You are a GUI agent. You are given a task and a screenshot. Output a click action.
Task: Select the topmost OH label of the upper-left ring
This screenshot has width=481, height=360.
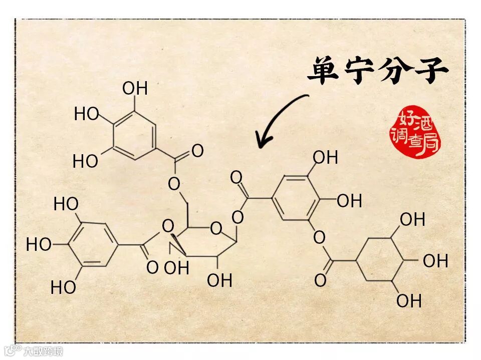point(135,89)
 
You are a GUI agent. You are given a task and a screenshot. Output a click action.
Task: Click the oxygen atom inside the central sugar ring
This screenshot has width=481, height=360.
point(216,229)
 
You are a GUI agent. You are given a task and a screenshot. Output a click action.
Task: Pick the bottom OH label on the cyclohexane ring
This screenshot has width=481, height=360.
point(409,301)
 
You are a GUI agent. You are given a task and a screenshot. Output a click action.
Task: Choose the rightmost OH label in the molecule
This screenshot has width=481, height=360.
point(435,261)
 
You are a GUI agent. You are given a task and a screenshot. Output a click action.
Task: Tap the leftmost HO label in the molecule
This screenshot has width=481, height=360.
point(39,245)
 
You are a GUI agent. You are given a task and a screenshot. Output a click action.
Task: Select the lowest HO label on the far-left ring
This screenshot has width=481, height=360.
point(63,287)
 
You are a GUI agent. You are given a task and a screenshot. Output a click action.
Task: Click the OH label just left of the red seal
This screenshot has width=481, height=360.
point(326,158)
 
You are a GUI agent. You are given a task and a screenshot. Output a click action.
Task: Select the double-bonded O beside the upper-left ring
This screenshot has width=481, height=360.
point(197,151)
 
